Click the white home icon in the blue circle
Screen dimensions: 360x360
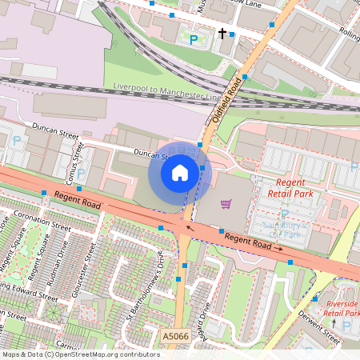click(x=180, y=172)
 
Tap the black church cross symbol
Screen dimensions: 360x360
click(x=223, y=34)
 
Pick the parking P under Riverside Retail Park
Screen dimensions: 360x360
click(x=346, y=326)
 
